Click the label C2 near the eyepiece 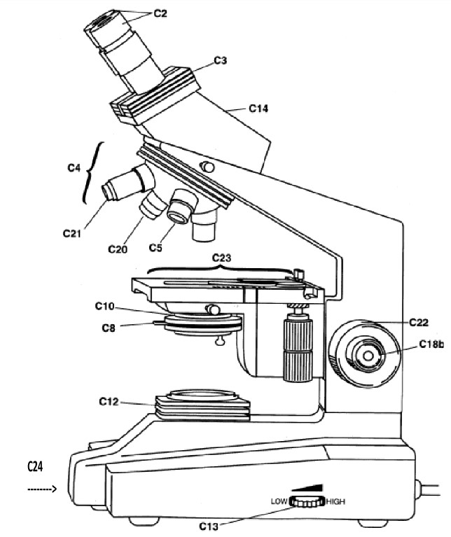click(160, 13)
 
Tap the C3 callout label click(221, 60)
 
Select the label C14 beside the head click(258, 109)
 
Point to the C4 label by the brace click(74, 168)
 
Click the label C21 click(72, 233)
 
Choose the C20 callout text click(118, 249)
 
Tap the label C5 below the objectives click(155, 247)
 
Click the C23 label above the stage click(221, 258)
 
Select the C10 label click(105, 306)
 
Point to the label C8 click(109, 328)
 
